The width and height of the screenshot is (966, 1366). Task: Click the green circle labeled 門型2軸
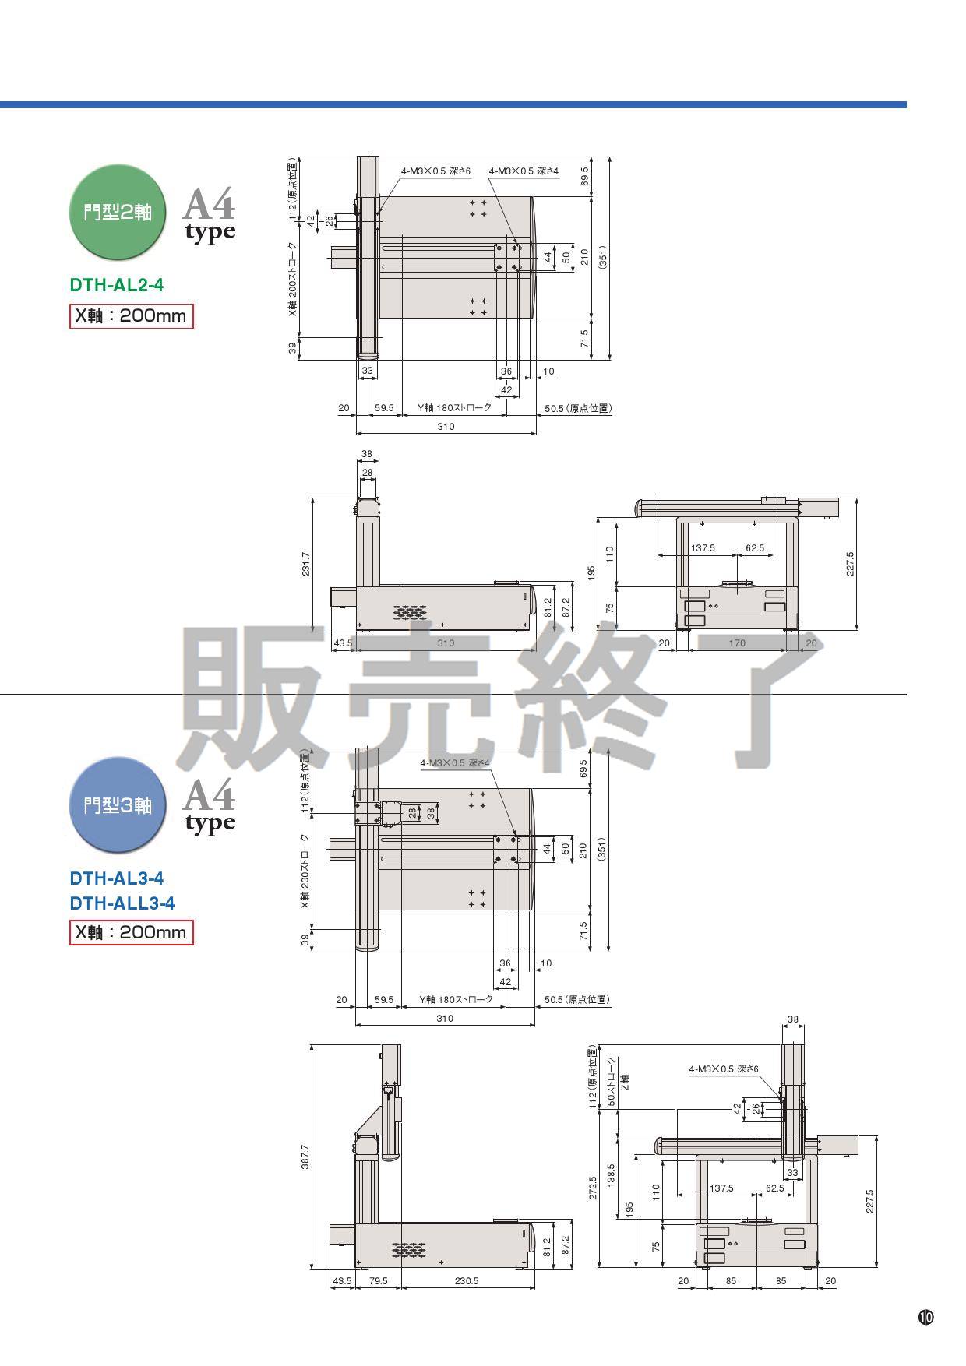tap(118, 212)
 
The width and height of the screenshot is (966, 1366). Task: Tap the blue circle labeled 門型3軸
tap(118, 804)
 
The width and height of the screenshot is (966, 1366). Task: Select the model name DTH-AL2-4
tap(117, 285)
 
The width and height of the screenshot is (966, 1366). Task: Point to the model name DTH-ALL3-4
tap(122, 903)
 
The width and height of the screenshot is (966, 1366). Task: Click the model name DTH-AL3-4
tap(117, 878)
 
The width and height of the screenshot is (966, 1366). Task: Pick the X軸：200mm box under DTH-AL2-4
tap(131, 316)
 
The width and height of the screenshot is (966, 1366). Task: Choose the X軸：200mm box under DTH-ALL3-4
tap(131, 932)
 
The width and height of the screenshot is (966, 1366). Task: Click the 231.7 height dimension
tap(306, 564)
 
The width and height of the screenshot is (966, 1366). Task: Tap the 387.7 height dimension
tap(305, 1156)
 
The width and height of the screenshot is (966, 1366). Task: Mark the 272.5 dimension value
tap(593, 1187)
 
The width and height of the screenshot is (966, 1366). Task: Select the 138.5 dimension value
tap(612, 1175)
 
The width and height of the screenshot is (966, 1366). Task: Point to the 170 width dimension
tap(737, 643)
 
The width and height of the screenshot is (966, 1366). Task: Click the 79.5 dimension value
tap(379, 1281)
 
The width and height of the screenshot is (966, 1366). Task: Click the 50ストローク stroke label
tap(612, 1082)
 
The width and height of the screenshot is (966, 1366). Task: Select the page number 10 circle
tap(925, 1318)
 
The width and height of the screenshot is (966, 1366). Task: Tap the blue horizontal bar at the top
tap(453, 104)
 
